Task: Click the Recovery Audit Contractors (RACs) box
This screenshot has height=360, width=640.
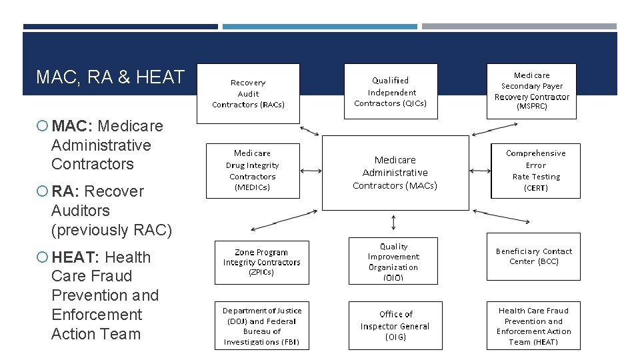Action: click(x=248, y=93)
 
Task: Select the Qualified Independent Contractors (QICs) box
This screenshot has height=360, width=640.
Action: click(x=391, y=92)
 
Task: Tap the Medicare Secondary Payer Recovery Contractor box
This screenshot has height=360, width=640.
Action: click(x=531, y=91)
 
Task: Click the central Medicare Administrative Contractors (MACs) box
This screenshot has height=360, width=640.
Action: click(x=395, y=173)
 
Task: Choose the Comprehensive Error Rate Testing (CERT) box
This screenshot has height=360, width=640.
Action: click(x=535, y=171)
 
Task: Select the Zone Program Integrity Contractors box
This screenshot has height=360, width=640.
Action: click(x=262, y=262)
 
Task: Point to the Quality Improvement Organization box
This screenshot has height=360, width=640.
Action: click(x=393, y=261)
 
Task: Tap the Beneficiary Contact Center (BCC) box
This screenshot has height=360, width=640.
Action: click(x=533, y=257)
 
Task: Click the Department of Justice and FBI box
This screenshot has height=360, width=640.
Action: click(x=262, y=325)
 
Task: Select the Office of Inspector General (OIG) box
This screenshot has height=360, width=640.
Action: click(x=395, y=325)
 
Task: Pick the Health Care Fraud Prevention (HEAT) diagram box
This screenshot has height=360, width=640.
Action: click(x=534, y=325)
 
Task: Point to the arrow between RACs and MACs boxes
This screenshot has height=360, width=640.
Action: click(x=309, y=129)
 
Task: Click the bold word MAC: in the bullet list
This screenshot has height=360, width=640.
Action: click(x=73, y=126)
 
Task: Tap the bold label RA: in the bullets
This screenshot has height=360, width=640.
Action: click(x=65, y=191)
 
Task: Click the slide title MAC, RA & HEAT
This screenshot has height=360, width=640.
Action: click(x=110, y=77)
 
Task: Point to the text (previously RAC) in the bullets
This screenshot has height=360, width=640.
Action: click(x=111, y=230)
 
